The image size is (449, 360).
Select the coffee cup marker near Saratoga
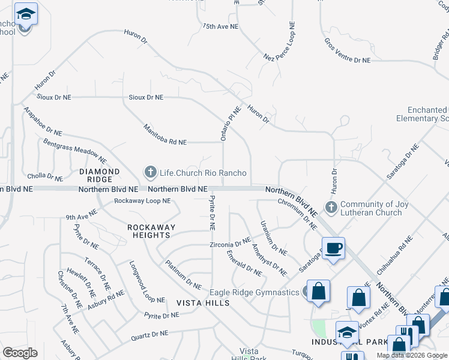pos(333,247)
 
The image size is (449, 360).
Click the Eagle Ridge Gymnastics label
pos(254,292)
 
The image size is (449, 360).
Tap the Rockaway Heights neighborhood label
pos(151,231)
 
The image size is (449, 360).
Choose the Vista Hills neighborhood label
pos(203,303)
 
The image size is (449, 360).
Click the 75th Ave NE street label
pos(221,27)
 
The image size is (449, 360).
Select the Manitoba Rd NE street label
pos(165,135)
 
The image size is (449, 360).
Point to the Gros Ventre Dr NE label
pos(348,51)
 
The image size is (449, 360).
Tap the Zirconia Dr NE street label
pos(230,244)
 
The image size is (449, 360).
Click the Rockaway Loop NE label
pos(142,200)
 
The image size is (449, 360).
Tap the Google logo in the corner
pos(20,353)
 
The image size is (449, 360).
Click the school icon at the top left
pos(25,14)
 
